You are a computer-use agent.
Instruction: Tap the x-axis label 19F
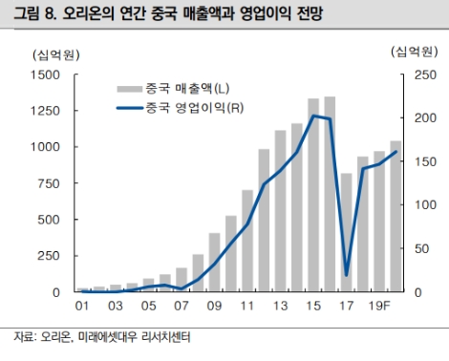coord(379,306)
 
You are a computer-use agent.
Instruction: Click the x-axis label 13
coord(280,306)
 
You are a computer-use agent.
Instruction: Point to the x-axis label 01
coord(83,306)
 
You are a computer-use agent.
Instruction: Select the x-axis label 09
coord(214,306)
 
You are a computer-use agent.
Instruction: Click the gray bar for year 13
coord(280,211)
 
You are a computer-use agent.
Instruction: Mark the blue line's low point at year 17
coord(346,275)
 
